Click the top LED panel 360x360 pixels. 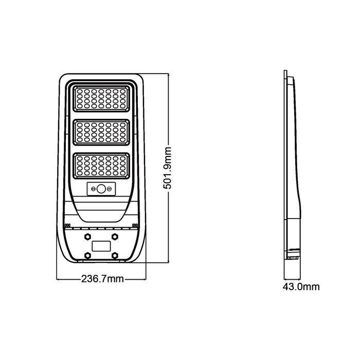click(x=101, y=99)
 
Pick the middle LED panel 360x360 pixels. click(x=101, y=132)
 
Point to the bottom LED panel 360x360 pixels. click(x=101, y=166)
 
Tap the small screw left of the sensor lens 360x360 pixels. click(x=94, y=189)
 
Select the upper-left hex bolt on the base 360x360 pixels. click(x=86, y=237)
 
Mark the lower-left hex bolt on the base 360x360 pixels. click(x=86, y=255)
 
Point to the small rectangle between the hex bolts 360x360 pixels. click(x=101, y=246)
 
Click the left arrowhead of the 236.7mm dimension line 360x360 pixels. click(x=58, y=279)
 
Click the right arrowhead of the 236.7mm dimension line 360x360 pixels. click(x=145, y=279)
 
